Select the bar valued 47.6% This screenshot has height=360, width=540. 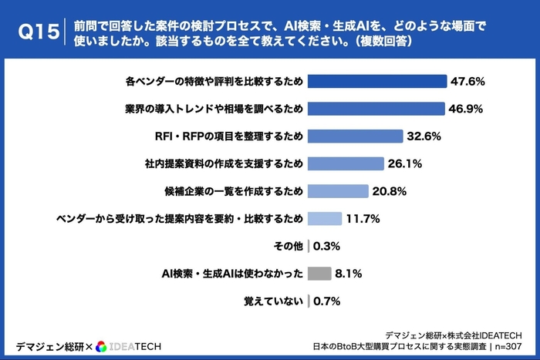point(377,81)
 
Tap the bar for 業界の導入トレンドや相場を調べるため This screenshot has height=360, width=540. point(376,109)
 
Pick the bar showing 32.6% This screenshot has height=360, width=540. point(355,136)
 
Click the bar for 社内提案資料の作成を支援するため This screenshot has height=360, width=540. point(346,163)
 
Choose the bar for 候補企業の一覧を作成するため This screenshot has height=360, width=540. point(337,191)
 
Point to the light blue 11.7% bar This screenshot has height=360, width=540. point(324,218)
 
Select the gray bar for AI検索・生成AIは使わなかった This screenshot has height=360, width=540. point(319,273)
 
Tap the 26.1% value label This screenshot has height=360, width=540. point(405,163)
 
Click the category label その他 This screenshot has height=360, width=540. point(288,246)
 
